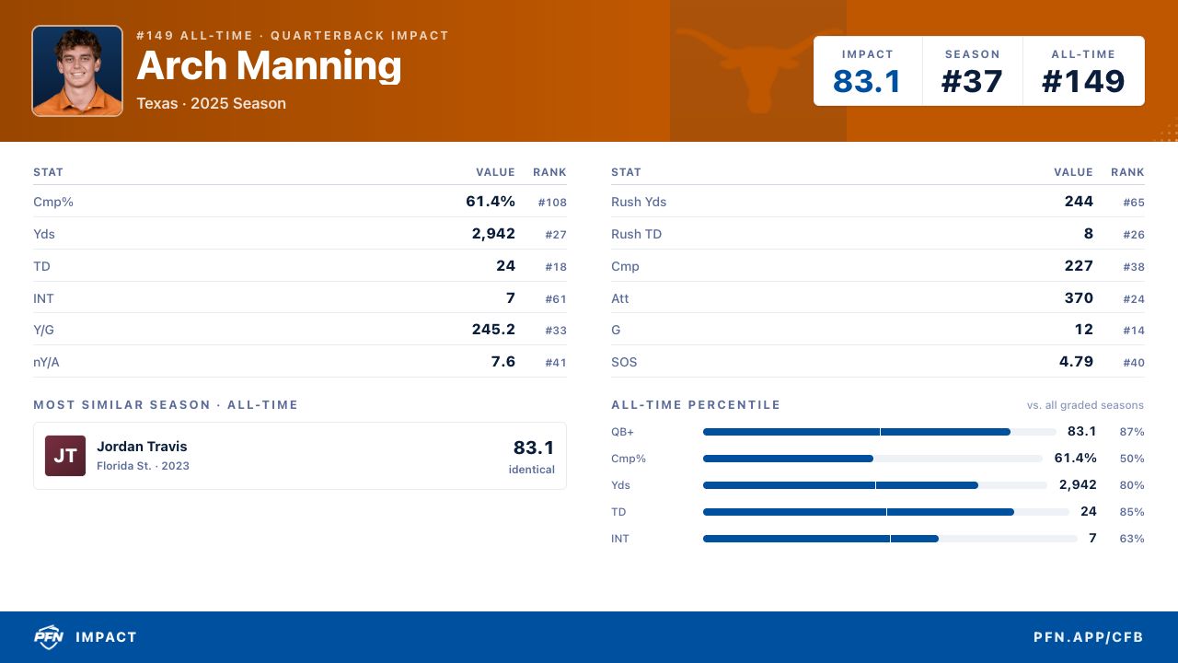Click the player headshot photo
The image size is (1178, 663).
click(x=77, y=71)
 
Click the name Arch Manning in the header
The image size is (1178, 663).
click(x=269, y=65)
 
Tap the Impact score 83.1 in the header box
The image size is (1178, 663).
click(x=867, y=82)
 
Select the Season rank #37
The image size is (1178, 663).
click(x=972, y=82)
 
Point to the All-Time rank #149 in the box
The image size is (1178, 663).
click(x=1083, y=82)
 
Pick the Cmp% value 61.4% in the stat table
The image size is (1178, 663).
click(x=491, y=202)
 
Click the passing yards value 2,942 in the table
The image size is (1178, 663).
click(x=493, y=234)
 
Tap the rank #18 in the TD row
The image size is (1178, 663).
click(x=556, y=267)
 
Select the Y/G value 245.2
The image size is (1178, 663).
click(x=493, y=330)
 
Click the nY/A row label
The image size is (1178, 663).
click(x=46, y=362)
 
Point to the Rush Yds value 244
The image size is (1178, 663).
click(x=1079, y=202)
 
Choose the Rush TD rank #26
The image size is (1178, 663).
click(x=1134, y=235)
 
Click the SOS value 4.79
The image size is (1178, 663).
click(x=1076, y=362)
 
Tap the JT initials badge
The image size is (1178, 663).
click(x=65, y=456)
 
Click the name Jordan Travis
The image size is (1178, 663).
click(x=142, y=447)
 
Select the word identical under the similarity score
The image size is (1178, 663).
click(x=532, y=470)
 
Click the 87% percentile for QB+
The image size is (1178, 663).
click(x=1132, y=432)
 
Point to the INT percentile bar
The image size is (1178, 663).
click(x=890, y=539)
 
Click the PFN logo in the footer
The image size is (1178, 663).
click(x=49, y=636)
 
